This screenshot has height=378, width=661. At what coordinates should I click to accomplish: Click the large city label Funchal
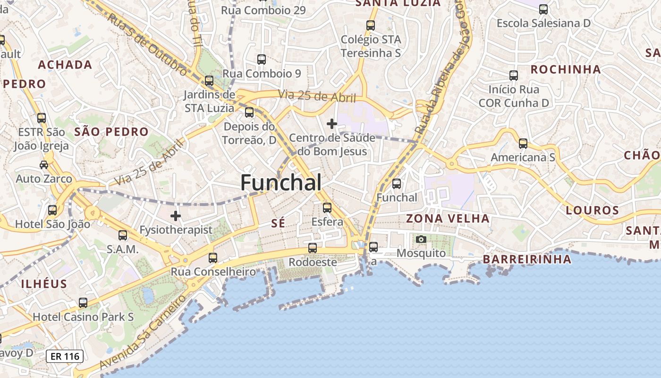coord(281,183)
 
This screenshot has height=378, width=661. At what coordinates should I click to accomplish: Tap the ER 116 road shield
coord(65,356)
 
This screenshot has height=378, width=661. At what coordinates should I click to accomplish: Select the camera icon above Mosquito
coord(421,239)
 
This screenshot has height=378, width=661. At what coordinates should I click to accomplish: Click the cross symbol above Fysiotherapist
coord(176,216)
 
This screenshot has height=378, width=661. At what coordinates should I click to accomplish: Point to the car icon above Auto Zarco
coord(44,164)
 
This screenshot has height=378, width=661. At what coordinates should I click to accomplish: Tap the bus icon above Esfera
coord(327,207)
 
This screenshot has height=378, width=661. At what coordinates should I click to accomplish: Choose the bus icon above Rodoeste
coord(313,248)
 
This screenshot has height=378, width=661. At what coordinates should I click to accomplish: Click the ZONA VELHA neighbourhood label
coord(448,218)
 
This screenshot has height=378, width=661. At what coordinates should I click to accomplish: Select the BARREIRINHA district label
coord(527,259)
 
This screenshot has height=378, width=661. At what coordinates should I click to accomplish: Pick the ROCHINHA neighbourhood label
coord(566,69)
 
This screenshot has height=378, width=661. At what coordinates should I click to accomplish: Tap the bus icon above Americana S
coord(523,143)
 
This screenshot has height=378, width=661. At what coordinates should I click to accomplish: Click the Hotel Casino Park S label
coord(83,317)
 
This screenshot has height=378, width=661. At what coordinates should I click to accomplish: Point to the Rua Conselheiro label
coord(213,272)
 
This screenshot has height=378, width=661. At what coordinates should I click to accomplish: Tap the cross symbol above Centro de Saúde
coord(332,124)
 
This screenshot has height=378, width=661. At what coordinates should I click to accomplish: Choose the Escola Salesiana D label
coord(543,23)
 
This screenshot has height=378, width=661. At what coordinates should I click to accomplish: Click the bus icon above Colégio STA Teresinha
coord(371,26)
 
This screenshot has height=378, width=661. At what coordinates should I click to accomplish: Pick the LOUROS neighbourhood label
coord(592,210)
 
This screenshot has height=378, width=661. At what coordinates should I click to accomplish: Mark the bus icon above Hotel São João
coord(52,210)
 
